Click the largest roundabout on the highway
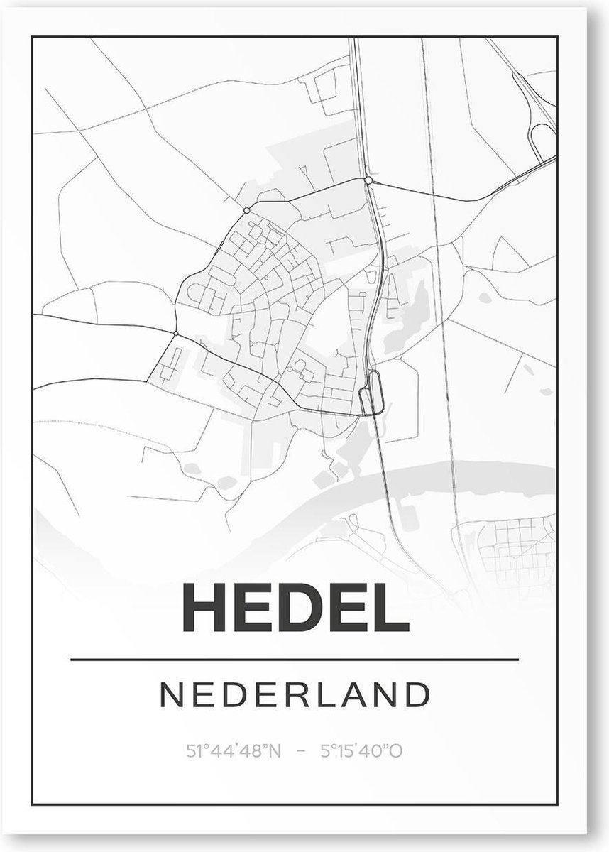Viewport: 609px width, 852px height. coord(368,180)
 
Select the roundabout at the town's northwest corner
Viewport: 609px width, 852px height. coord(246,210)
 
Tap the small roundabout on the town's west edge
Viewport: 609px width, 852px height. coord(175,332)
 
